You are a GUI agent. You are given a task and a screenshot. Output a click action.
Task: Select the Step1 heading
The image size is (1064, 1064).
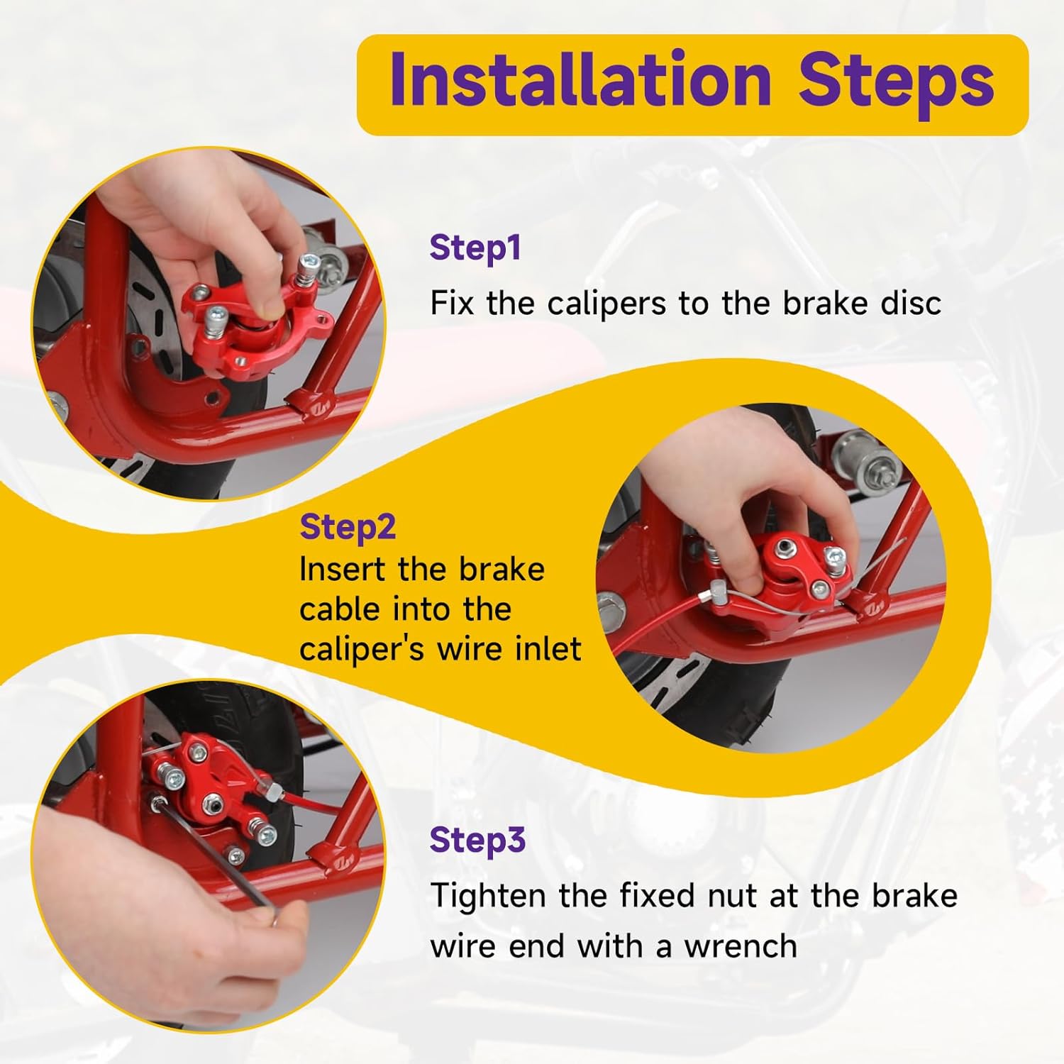tap(475, 248)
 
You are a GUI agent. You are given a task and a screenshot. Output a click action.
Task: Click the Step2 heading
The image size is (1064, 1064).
tap(348, 528)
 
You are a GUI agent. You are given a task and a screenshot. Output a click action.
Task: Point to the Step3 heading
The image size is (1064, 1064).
tap(477, 841)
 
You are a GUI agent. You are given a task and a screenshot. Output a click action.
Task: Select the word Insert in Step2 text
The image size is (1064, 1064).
tap(343, 570)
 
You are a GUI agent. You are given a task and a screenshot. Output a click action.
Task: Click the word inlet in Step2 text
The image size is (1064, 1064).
tap(545, 649)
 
